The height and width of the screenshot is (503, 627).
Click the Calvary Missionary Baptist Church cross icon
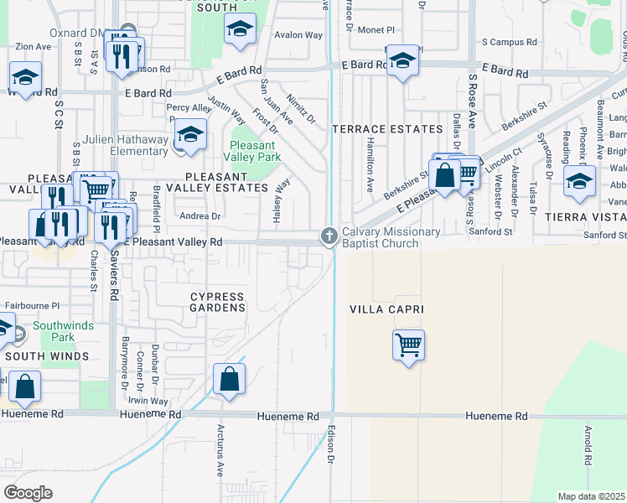pos(329,236)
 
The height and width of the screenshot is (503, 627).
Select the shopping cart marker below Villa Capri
pos(408,345)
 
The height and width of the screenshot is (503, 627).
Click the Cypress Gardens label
pos(219,302)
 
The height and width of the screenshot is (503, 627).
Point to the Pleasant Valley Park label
pos(254,149)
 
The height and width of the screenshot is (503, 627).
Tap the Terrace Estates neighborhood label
pos(387,129)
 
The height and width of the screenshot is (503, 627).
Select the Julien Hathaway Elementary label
pos(126,145)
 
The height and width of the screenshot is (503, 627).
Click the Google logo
pos(28,493)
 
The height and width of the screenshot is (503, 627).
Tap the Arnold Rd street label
pos(588,445)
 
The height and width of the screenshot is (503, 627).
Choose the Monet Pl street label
pos(376,29)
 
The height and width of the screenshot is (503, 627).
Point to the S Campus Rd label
pos(507,41)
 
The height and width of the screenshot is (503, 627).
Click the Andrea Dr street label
pos(201,215)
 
